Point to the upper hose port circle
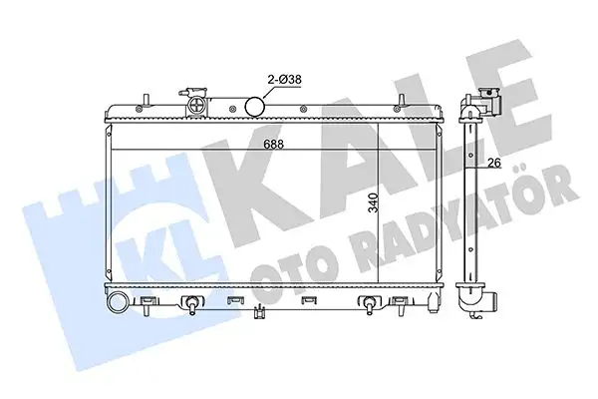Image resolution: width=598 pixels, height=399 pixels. (254, 105)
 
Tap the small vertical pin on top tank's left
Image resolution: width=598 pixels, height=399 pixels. (146, 99)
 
